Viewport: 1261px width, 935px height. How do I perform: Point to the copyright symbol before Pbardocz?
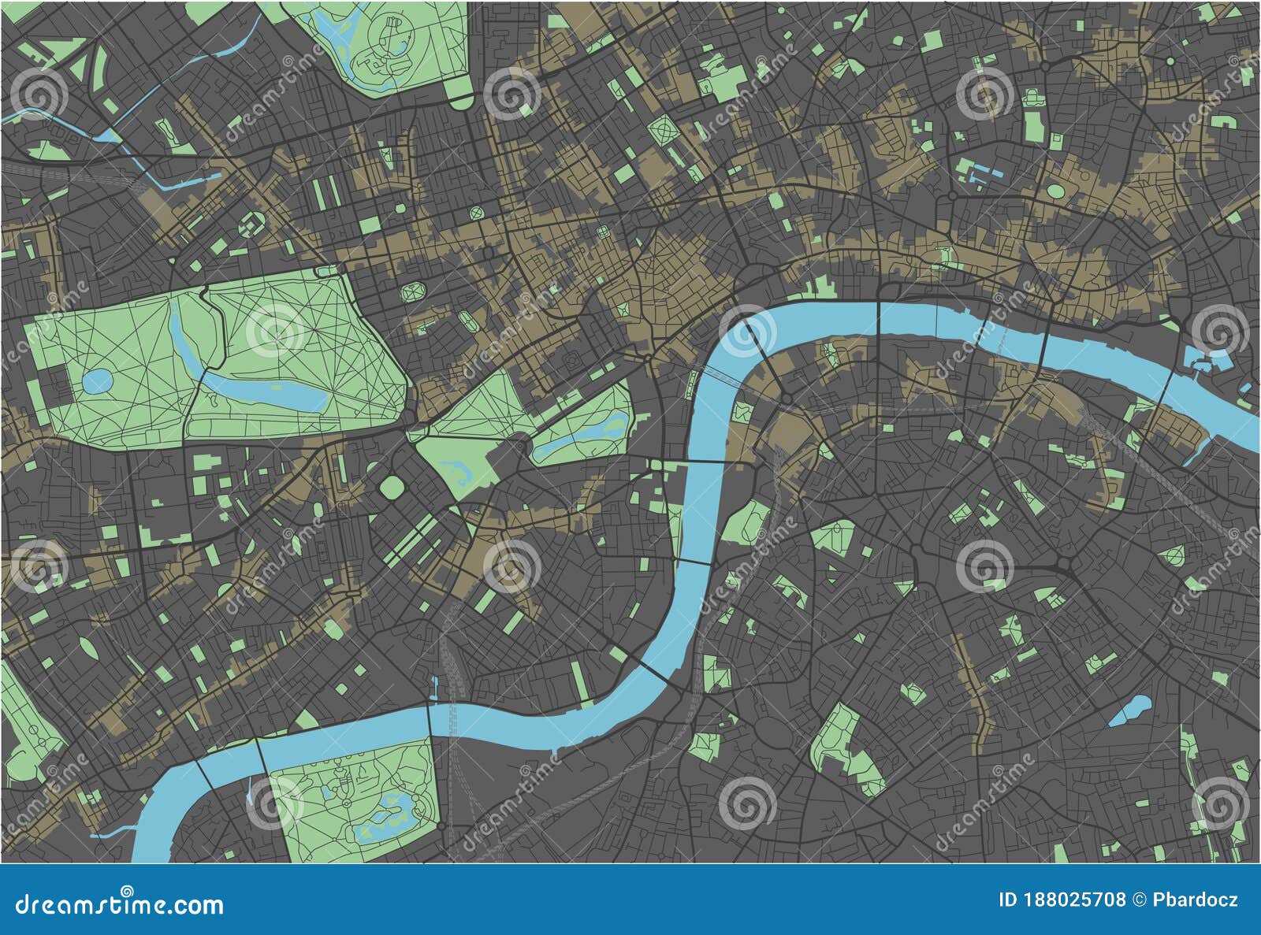click(x=1139, y=900)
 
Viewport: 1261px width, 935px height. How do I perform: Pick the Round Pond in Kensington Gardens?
click(x=97, y=383)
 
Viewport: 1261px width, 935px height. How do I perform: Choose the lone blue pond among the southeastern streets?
click(x=1129, y=709)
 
